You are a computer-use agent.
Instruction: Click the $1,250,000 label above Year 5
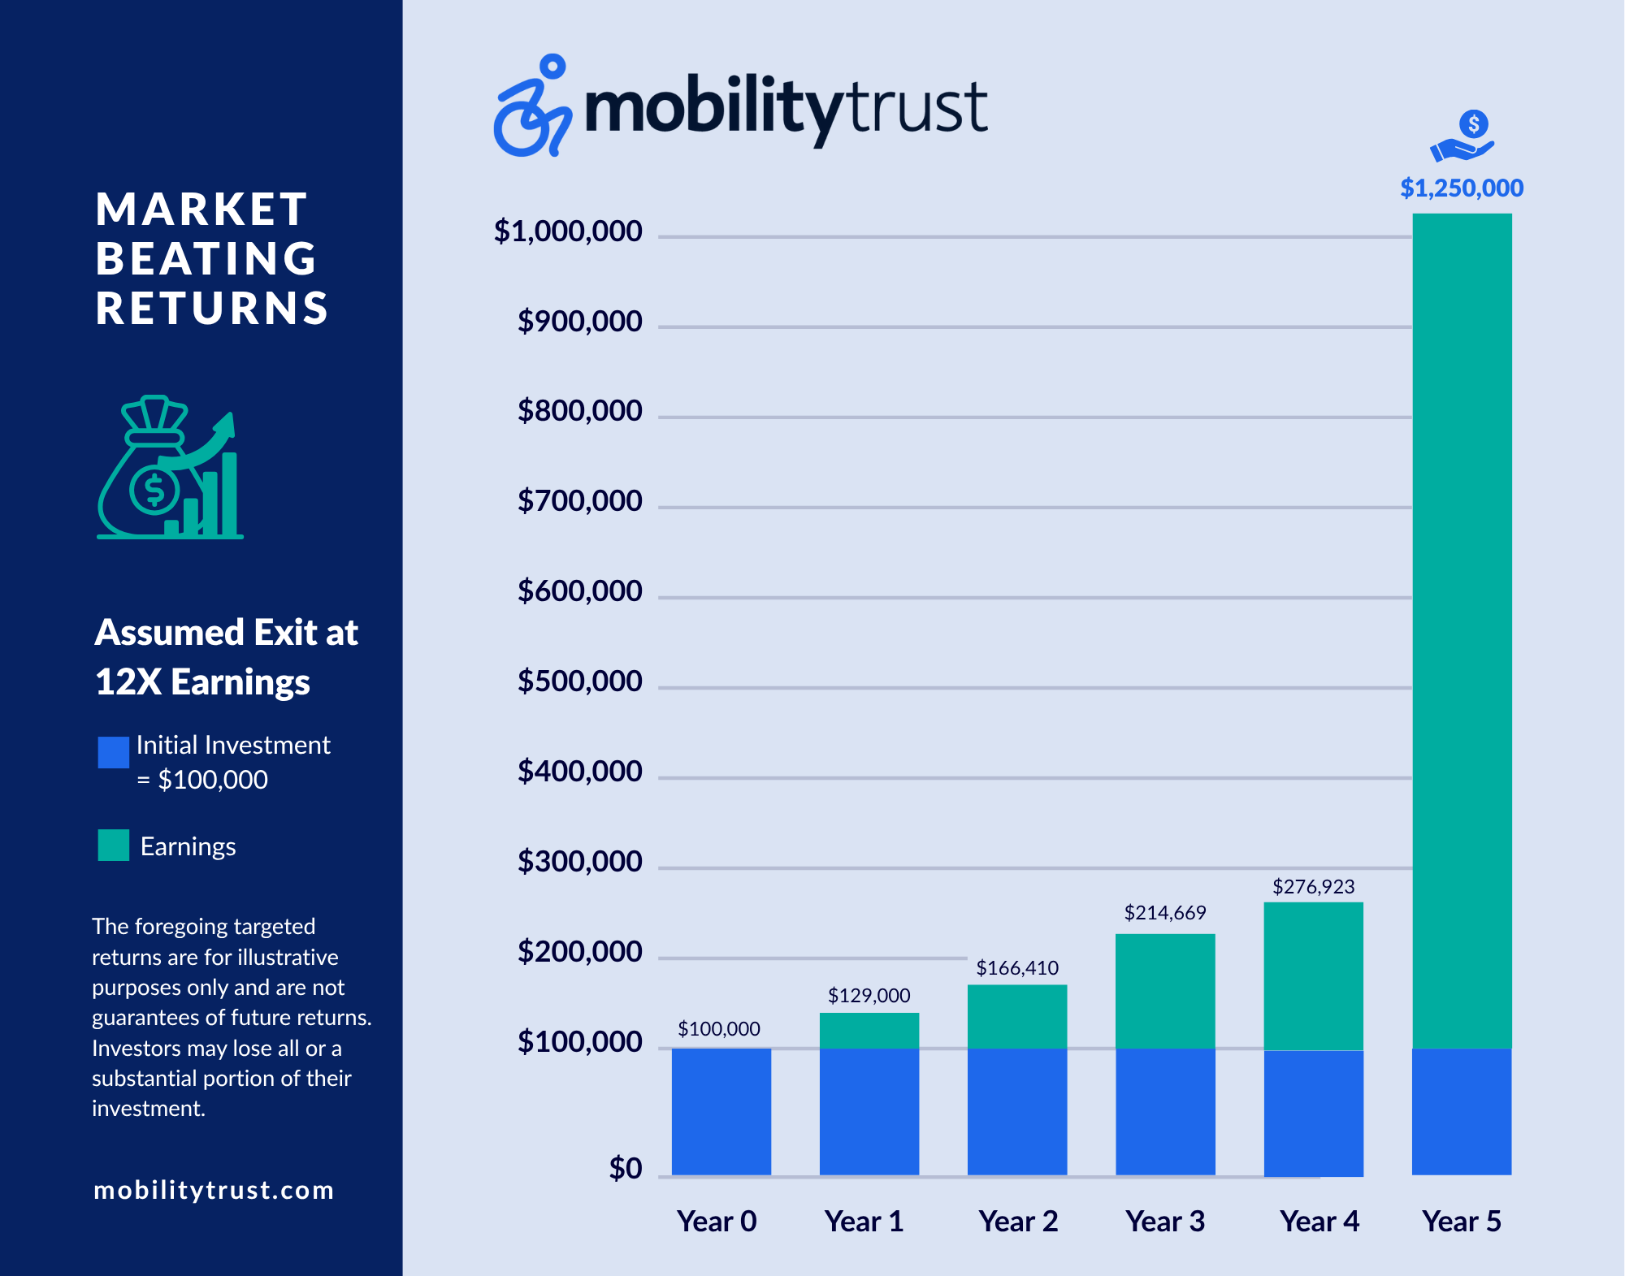pos(1462,188)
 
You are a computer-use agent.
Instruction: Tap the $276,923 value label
pos(1313,887)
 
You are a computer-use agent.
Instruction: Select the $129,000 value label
pos(869,996)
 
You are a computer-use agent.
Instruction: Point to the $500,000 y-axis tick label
pos(579,681)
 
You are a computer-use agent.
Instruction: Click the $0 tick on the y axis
pos(626,1169)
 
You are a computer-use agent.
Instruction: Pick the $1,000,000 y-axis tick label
pos(568,231)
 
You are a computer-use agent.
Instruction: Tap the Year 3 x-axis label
pos(1165,1222)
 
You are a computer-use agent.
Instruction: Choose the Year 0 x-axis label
pos(717,1222)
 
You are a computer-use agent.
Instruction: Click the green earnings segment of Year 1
pos(869,1031)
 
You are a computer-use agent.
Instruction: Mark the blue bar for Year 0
pos(721,1112)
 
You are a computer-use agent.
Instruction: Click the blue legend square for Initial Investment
pos(114,752)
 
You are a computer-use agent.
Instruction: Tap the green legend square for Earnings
pos(114,845)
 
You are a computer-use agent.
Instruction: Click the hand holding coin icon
pos(1463,136)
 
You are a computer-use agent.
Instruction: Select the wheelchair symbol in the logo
pos(532,106)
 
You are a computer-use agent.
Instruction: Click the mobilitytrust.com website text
pos(214,1190)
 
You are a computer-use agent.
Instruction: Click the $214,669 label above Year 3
pos(1165,913)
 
